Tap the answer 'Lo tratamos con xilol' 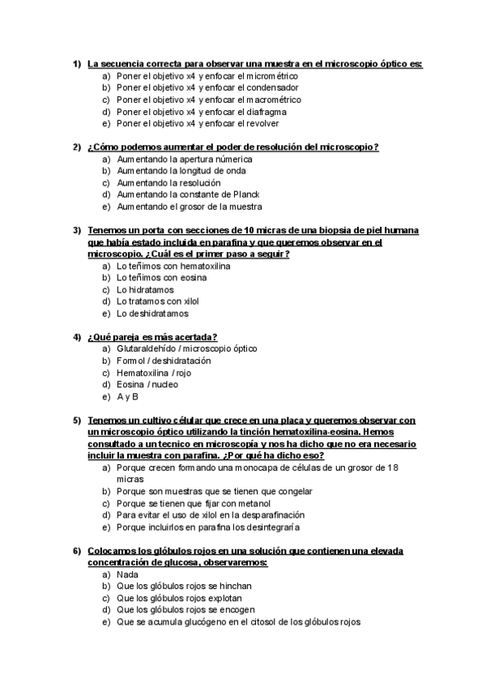157,301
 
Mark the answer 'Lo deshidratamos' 152,314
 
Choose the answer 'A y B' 127,397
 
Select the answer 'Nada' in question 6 127,574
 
